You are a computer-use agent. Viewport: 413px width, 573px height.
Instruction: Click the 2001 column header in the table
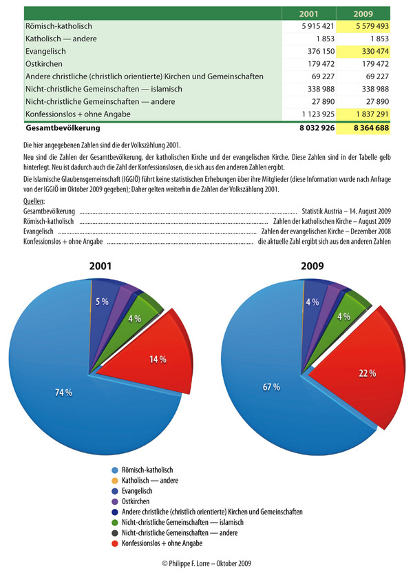(308, 14)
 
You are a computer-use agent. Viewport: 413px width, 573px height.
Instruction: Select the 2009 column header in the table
(363, 14)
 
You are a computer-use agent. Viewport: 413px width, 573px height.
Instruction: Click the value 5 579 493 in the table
(372, 26)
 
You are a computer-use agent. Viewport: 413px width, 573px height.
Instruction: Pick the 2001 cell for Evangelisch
(321, 52)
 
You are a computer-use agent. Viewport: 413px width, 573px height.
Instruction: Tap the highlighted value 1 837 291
(372, 114)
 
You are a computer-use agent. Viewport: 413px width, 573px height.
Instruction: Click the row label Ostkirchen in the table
(44, 64)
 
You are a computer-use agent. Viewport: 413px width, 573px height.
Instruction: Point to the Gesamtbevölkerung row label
(63, 128)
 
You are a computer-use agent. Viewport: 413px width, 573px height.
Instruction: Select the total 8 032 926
(317, 128)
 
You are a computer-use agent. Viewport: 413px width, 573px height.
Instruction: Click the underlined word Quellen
(34, 201)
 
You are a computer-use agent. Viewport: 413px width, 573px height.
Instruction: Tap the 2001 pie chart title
(100, 266)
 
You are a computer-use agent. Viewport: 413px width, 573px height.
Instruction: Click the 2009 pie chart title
(313, 266)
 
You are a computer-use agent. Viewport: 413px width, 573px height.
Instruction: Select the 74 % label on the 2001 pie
(63, 393)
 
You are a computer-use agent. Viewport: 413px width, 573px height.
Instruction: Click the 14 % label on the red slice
(158, 360)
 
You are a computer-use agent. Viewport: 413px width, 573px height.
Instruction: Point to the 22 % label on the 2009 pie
(368, 373)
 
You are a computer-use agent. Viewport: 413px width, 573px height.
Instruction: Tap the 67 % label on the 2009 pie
(271, 387)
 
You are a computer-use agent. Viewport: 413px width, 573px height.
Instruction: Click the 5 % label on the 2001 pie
(103, 302)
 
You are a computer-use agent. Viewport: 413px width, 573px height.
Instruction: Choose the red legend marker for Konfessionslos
(115, 543)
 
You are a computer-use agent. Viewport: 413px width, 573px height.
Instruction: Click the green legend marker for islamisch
(115, 523)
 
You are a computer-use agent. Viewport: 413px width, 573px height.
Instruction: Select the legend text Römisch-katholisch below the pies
(147, 470)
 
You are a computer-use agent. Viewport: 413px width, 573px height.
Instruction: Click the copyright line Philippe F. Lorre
(206, 563)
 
